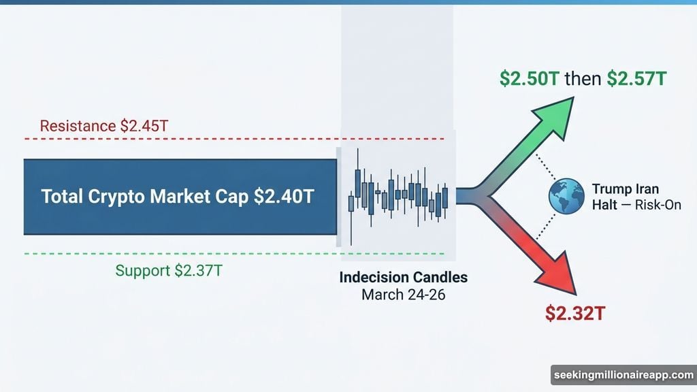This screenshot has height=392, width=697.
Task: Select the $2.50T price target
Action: pyautogui.click(x=530, y=79)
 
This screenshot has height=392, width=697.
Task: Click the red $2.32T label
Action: pyautogui.click(x=575, y=314)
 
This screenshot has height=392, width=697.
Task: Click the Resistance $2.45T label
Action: pyautogui.click(x=103, y=126)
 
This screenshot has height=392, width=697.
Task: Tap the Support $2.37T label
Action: pyautogui.click(x=169, y=270)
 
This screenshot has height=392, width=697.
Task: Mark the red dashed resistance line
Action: pyautogui.click(x=204, y=139)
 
